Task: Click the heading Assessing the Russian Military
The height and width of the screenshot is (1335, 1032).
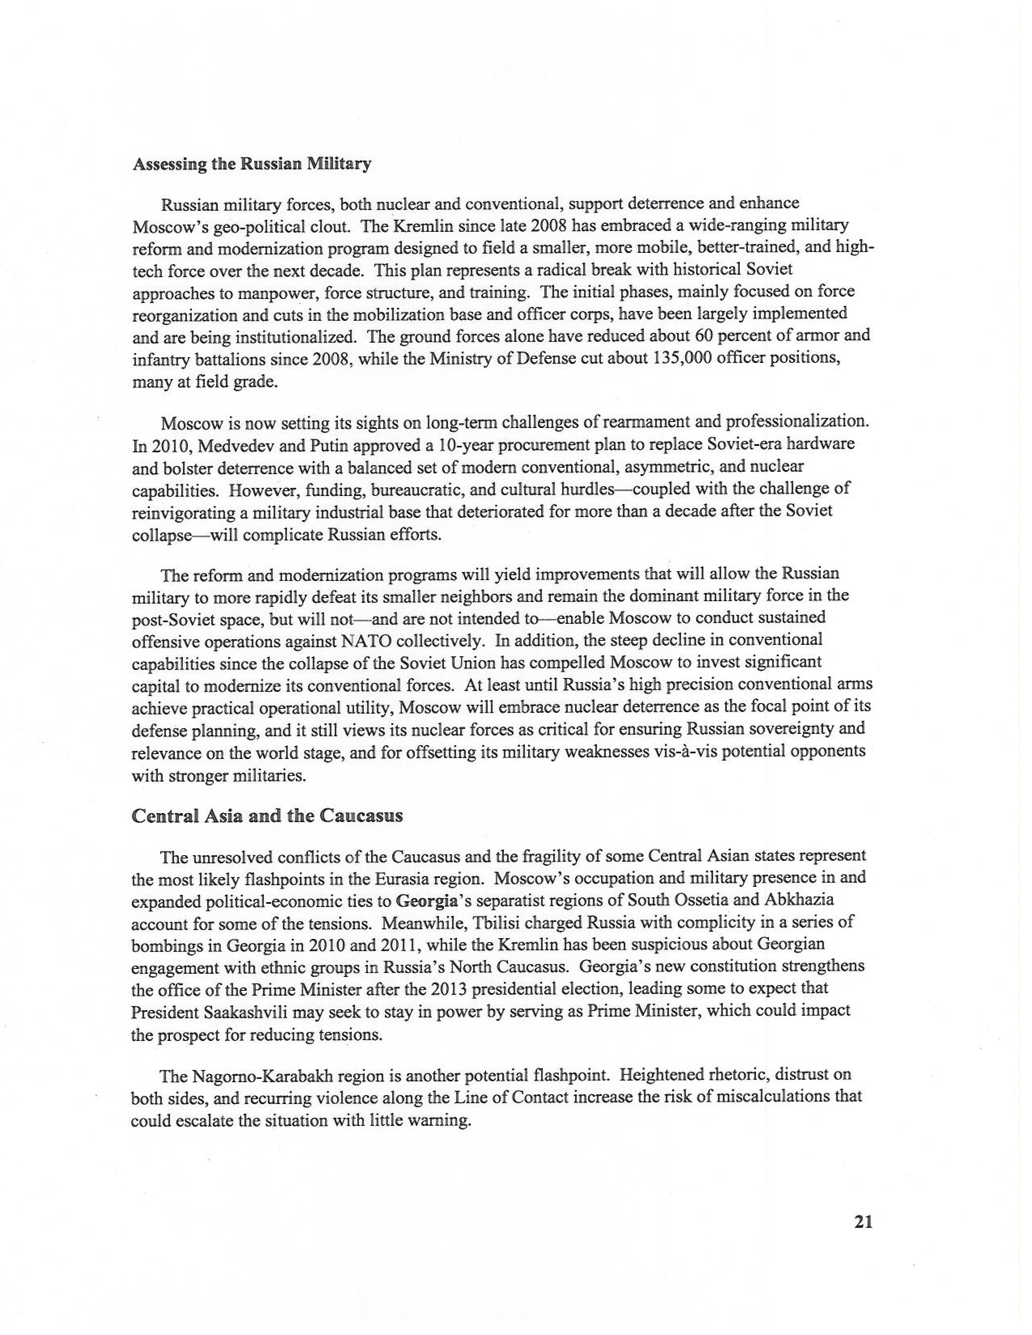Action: (x=252, y=164)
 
